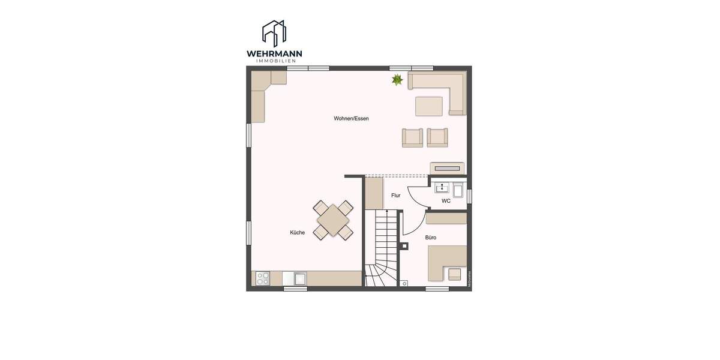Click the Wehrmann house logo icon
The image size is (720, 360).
click(274, 33)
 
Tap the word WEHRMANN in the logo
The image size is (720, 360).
click(274, 54)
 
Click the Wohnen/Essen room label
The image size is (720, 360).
click(351, 119)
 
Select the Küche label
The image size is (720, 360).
click(297, 233)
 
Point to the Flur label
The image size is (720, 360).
click(395, 196)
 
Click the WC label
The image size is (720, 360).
click(446, 201)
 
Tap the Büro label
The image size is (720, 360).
click(431, 238)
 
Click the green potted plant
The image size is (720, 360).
click(397, 79)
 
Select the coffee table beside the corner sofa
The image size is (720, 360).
click(428, 106)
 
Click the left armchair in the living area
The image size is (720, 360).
click(412, 137)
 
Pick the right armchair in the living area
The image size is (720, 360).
click(437, 137)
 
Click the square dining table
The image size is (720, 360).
click(333, 220)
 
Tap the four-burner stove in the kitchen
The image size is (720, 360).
click(263, 278)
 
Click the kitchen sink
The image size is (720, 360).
click(299, 278)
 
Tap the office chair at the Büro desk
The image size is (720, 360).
click(455, 274)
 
